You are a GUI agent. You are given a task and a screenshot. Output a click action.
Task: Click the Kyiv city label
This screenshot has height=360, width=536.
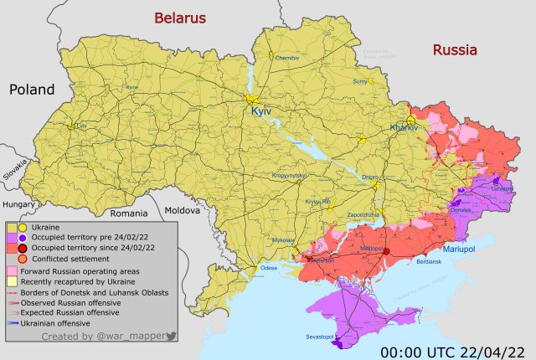(262, 111)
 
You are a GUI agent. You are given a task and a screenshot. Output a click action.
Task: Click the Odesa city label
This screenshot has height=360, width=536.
(268, 268)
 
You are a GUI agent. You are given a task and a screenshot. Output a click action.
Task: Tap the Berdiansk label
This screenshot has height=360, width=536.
(429, 262)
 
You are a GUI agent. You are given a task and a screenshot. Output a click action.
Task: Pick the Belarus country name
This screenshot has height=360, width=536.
(179, 18)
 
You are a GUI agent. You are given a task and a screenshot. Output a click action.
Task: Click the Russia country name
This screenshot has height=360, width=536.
(455, 50)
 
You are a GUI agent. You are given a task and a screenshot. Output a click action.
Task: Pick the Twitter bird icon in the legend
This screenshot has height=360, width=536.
(172, 336)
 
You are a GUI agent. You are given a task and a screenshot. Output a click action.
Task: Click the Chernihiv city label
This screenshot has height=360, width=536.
(286, 57)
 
